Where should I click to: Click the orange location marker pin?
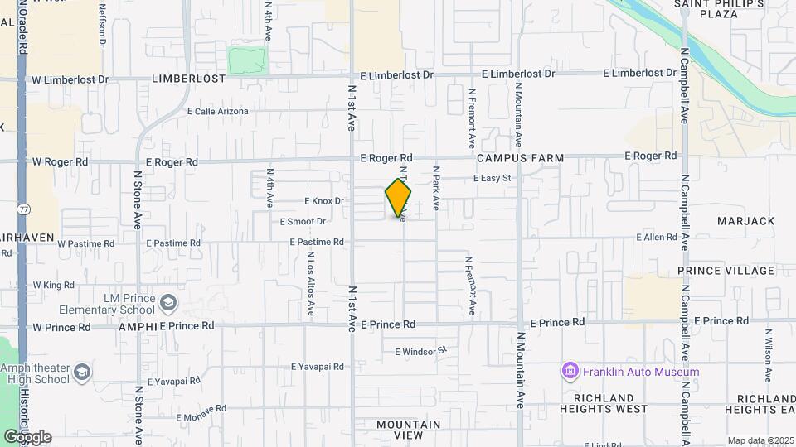pos(398,199)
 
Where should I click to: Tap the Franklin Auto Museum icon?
pos(570,371)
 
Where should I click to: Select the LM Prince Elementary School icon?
pos(169,303)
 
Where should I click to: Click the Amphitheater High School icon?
pos(82,373)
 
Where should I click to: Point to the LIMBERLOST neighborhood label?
pos(188,79)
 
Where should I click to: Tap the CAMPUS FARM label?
pos(520,157)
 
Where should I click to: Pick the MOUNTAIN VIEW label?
pos(409,430)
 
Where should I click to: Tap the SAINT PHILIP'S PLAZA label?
pos(706,9)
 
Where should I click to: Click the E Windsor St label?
pos(420,351)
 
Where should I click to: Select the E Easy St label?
pos(492,178)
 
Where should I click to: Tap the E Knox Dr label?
pos(323,201)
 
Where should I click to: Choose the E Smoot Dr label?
pos(303,221)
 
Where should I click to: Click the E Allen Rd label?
pos(657,238)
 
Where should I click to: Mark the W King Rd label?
pos(53,285)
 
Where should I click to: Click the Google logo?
pos(27,436)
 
